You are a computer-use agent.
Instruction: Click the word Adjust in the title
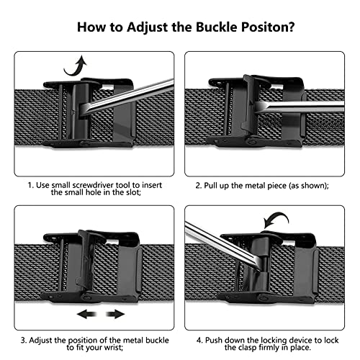[148, 27]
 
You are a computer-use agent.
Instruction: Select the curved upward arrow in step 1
[76, 66]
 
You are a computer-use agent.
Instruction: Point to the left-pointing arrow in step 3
[86, 314]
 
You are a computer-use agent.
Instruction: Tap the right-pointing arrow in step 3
[115, 314]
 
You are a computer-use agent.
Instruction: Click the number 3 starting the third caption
[23, 341]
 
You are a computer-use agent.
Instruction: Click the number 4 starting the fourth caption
[199, 341]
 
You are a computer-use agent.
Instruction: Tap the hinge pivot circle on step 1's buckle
[85, 143]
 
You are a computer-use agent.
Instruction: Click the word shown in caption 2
[314, 186]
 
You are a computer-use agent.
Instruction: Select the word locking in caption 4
[274, 341]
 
